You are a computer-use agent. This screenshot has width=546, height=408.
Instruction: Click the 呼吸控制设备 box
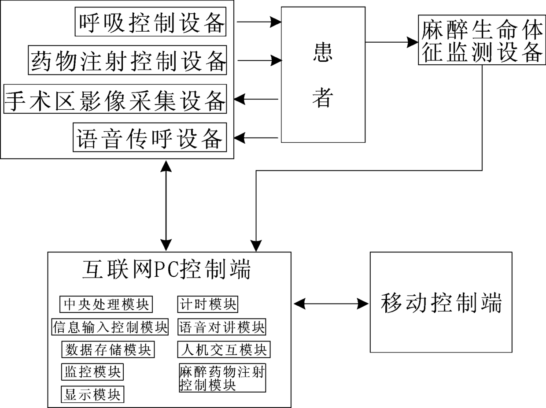pos(151,22)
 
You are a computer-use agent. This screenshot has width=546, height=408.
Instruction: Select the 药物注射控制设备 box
pos(127,60)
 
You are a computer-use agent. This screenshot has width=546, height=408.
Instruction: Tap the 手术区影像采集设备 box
pos(115,99)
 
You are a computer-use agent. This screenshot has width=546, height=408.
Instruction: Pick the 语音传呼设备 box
pos(150,137)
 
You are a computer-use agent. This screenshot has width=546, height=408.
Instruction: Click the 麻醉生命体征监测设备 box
pos(482,40)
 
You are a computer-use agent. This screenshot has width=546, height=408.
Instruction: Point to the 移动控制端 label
pos(441,303)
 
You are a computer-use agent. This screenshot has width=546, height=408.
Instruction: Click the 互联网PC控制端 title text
pos(166,270)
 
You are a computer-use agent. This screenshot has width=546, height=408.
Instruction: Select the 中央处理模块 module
pos(106,304)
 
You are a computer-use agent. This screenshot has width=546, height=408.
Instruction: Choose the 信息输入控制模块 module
pos(110,327)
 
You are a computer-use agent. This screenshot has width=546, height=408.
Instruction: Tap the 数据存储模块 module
pos(108,349)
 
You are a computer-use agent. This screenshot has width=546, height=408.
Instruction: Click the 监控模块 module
pos(92,372)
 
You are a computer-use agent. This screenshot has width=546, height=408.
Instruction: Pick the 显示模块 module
pos(92,394)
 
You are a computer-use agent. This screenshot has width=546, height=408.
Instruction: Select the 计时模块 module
pos(208,304)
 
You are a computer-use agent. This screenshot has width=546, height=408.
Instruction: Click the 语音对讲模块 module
pos(222,327)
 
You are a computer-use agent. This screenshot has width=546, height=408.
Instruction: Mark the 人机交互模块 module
pos(224,349)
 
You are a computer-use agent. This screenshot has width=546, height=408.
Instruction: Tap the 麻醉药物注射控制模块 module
pos(222,378)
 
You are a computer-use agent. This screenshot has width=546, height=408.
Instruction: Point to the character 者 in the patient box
pos(323,97)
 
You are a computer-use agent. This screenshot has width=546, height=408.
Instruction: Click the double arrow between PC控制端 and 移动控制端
pos(331,304)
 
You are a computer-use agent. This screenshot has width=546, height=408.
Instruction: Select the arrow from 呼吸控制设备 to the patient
pos(259,22)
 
